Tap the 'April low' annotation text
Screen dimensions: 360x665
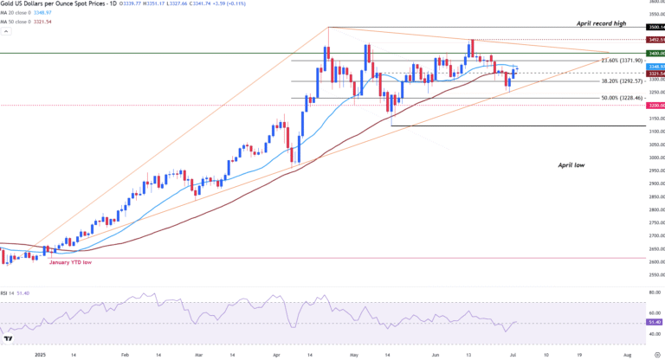(x=575, y=164)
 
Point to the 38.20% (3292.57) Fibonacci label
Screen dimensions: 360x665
(x=622, y=80)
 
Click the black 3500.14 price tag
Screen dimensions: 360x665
(x=655, y=28)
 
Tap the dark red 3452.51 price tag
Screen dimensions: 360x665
(x=655, y=40)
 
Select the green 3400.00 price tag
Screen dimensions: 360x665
(x=655, y=54)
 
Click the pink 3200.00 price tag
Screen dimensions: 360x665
(x=655, y=106)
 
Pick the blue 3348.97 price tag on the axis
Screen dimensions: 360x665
(x=655, y=67)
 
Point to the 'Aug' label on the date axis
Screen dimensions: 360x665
(x=627, y=355)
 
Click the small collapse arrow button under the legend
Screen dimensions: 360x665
(x=5, y=29)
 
